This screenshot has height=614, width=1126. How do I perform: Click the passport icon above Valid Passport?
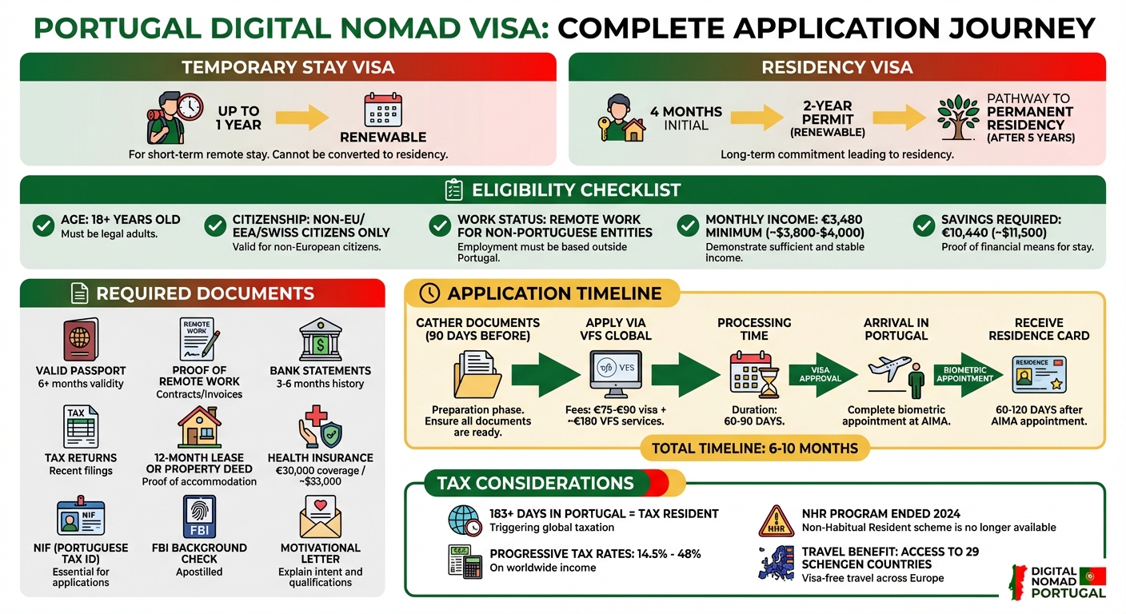point(80,340)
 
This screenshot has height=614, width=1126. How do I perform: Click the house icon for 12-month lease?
point(199,426)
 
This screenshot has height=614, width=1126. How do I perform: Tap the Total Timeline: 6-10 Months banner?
point(754,449)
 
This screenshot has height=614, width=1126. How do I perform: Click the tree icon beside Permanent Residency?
point(958,118)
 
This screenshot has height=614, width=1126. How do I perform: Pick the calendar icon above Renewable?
point(382,110)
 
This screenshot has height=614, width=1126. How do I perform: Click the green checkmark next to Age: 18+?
point(43,226)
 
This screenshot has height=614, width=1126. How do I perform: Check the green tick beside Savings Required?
point(924,226)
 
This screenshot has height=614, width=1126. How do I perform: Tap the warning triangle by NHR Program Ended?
point(774,520)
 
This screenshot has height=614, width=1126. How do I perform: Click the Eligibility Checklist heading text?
point(576,190)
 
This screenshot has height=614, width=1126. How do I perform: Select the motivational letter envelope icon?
point(320,517)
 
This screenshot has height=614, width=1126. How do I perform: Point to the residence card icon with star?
point(1039,374)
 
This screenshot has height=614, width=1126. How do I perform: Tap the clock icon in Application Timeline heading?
point(429,293)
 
